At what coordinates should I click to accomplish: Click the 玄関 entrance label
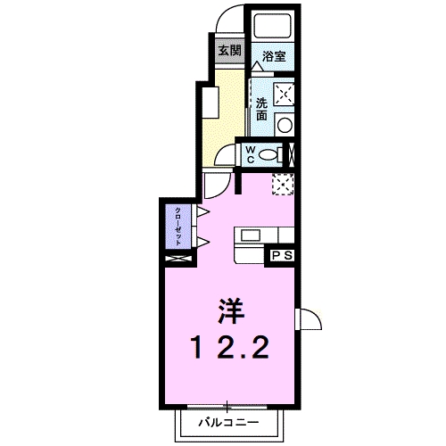pyautogui.click(x=229, y=50)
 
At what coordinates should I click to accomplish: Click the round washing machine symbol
pyautogui.click(x=285, y=125)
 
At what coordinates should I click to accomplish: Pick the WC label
pyautogui.click(x=251, y=154)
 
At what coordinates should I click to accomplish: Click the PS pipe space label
pyautogui.click(x=283, y=256)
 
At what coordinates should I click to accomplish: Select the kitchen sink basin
pyautogui.click(x=249, y=236)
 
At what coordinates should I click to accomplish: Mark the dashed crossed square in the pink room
pyautogui.click(x=284, y=184)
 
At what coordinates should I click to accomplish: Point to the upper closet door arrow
pyautogui.click(x=203, y=212)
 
